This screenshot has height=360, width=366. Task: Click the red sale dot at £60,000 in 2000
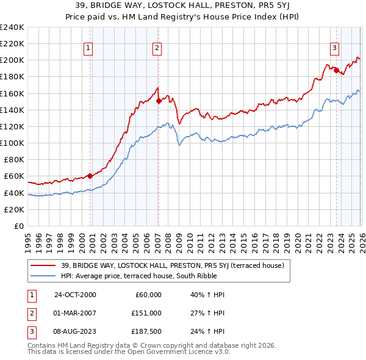pyautogui.click(x=90, y=176)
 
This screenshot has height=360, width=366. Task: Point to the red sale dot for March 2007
pyautogui.click(x=158, y=101)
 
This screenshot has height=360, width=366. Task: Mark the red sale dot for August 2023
pyautogui.click(x=336, y=70)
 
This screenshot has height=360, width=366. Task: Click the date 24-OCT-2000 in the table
pyautogui.click(x=75, y=295)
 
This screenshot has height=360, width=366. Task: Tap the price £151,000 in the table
pyautogui.click(x=146, y=313)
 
